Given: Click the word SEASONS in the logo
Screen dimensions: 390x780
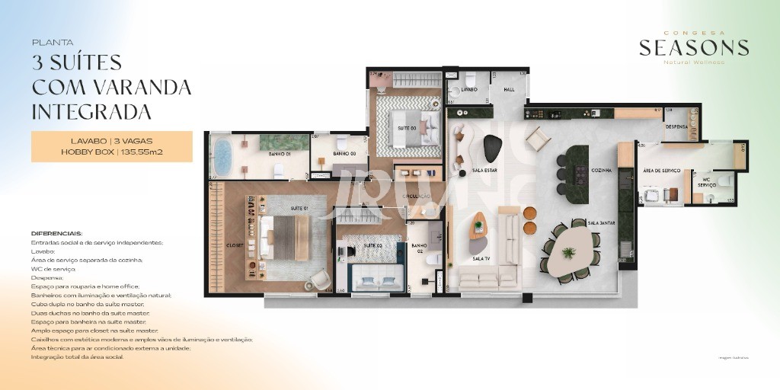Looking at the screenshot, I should [x=693, y=48].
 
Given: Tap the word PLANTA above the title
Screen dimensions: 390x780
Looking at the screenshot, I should [x=53, y=43].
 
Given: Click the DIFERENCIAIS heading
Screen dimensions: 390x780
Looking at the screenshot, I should [x=56, y=233].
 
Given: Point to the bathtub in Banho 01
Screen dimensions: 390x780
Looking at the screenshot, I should [x=222, y=156].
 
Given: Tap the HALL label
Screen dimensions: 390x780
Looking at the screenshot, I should [x=509, y=89].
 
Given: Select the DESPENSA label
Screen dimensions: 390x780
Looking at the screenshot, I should [x=676, y=126].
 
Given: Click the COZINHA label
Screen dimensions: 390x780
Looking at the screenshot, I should [x=602, y=171].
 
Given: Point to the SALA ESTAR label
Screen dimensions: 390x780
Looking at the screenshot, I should [x=484, y=171].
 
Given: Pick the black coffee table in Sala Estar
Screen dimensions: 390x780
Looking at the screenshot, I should [x=494, y=147].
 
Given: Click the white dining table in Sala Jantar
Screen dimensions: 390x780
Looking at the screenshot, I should [x=569, y=254].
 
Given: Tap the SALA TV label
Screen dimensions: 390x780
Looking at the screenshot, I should [x=481, y=259].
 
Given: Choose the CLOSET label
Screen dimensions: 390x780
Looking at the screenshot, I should [x=235, y=245].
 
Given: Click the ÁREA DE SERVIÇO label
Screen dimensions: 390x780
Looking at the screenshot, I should [x=661, y=171].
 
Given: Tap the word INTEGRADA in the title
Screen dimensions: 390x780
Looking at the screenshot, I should [x=91, y=112].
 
